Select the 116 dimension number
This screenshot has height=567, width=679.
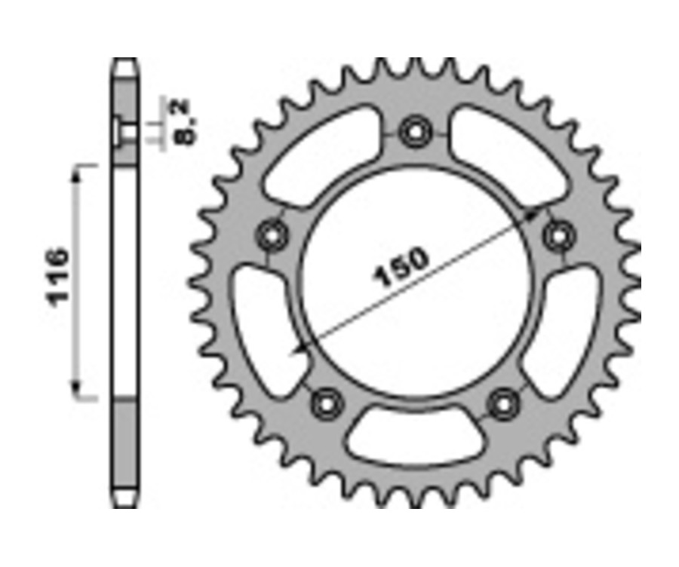pos(59,276)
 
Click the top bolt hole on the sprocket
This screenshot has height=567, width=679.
pos(414,133)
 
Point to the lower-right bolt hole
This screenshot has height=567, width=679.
pos(501,405)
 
